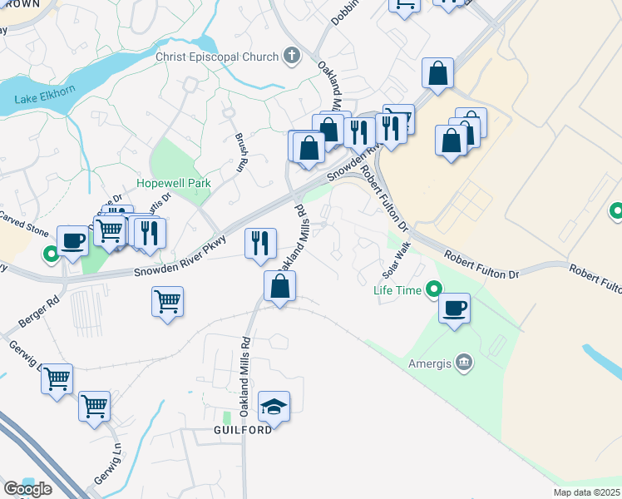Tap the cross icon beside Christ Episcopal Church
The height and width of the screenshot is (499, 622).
point(291,56)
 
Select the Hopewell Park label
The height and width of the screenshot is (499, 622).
point(174,183)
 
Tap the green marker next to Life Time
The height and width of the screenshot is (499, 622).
point(433,290)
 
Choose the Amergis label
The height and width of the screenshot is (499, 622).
point(429,363)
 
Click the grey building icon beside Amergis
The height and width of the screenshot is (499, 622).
point(464,362)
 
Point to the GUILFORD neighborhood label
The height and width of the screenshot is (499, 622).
point(241,430)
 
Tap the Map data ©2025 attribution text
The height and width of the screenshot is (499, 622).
point(586,492)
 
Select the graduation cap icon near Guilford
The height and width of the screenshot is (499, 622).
point(274,407)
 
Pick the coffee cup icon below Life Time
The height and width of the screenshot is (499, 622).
point(454,309)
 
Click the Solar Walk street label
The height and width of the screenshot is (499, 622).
point(397,260)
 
